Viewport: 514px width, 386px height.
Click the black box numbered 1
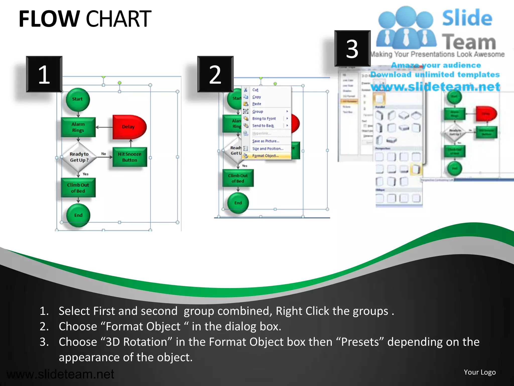click(44, 74)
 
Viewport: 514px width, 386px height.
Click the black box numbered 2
click(215, 74)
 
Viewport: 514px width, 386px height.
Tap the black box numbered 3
click(352, 49)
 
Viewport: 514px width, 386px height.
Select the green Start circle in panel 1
click(78, 99)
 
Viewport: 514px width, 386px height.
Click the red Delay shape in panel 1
click(128, 127)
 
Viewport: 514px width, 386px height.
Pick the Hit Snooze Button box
click(130, 157)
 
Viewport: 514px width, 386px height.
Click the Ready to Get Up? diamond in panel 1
click(79, 157)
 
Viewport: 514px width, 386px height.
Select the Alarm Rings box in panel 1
click(78, 127)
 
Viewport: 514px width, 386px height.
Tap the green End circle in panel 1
click(78, 215)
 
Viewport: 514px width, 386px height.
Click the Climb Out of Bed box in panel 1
click(78, 188)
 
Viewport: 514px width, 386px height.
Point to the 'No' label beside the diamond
click(104, 154)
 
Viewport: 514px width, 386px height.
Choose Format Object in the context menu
click(265, 156)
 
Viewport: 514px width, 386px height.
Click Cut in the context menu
click(255, 90)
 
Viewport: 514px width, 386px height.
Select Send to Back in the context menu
click(263, 126)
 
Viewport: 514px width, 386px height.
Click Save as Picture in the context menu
click(266, 141)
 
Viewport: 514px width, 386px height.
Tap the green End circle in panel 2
click(238, 203)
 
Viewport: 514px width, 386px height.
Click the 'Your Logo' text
click(480, 372)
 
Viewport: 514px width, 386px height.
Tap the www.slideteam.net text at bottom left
click(60, 374)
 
